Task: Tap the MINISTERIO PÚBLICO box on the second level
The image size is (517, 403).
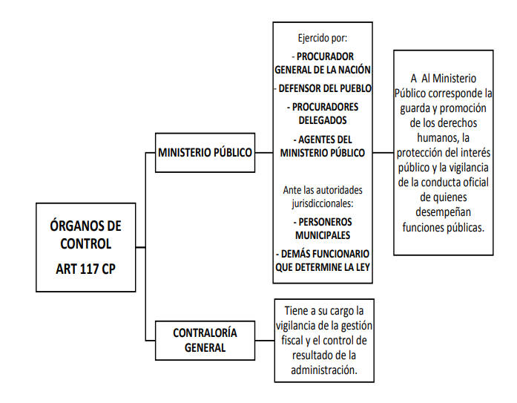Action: [x=205, y=153]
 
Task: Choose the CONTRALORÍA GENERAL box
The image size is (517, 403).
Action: [x=205, y=341]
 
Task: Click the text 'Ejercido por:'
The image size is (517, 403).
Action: [x=323, y=39]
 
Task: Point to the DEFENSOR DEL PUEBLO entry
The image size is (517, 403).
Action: [x=323, y=88]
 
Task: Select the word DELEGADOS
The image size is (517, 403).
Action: [x=323, y=120]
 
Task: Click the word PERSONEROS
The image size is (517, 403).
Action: [x=325, y=222]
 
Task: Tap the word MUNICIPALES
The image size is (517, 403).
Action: [x=323, y=235]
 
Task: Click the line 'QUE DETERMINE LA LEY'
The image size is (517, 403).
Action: [x=323, y=267]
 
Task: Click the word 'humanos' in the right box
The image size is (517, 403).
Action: [x=437, y=137]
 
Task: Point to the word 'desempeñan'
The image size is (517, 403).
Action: [x=443, y=212]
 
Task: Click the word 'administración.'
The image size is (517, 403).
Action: [x=324, y=370]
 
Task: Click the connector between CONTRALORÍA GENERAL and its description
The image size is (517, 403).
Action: [x=265, y=341]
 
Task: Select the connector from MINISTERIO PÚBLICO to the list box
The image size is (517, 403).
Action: [x=264, y=153]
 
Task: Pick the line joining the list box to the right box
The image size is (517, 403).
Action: [x=383, y=153]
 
